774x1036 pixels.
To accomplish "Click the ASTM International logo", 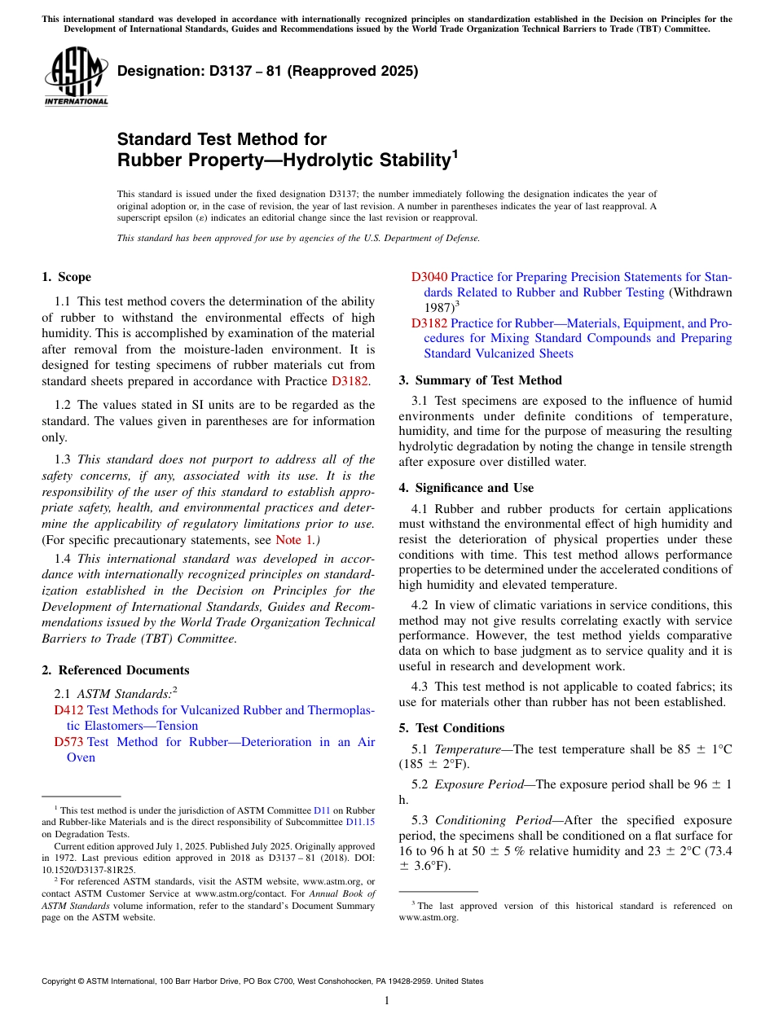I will pos(76,77).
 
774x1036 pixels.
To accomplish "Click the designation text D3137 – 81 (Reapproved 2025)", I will pos(267,71).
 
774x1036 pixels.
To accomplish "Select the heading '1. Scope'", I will pos(67,277).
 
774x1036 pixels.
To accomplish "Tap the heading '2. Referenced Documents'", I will pos(116,670).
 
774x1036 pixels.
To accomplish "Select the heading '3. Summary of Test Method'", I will pos(480,380).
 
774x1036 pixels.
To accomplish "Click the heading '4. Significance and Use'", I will pos(466,488).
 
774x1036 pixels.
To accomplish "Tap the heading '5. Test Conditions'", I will pos(451,728).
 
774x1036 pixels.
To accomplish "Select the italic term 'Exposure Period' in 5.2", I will pos(479,784).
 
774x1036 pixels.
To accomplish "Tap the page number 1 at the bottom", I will pos(387,1001).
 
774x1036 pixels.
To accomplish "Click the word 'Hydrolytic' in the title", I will pos(332,160).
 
